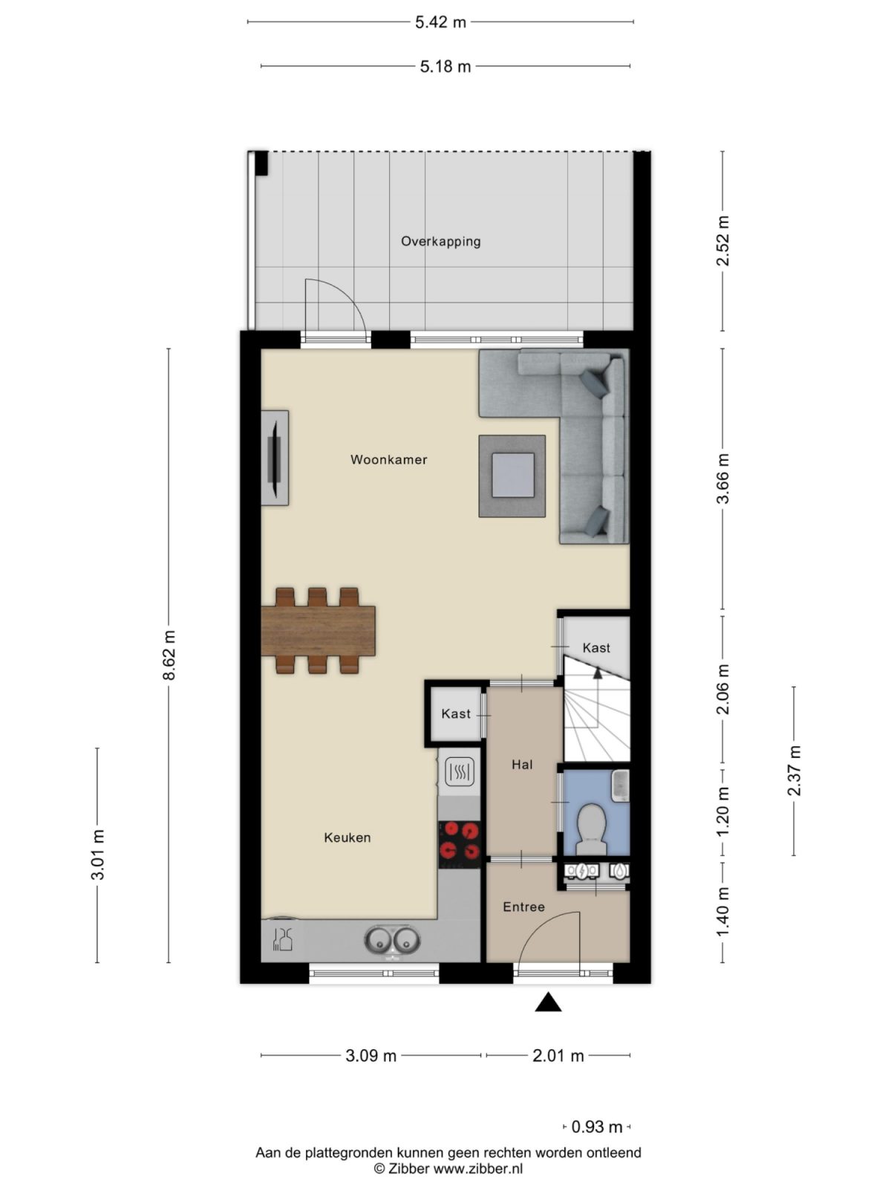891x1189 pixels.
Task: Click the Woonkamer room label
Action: [388, 459]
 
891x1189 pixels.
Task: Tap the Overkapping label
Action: [440, 241]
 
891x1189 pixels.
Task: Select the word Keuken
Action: [347, 838]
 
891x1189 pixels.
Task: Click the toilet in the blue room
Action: [592, 826]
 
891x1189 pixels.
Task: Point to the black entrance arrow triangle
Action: [548, 1003]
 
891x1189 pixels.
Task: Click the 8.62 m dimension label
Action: [169, 655]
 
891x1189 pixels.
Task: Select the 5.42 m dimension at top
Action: [440, 22]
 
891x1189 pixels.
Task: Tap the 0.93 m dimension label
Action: [596, 1127]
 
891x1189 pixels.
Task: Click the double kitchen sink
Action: [392, 940]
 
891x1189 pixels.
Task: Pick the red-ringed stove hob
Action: [460, 840]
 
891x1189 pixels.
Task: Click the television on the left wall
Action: [274, 458]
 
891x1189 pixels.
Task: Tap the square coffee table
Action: [512, 476]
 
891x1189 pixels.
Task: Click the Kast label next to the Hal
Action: [455, 713]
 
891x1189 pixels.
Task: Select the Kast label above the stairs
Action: [595, 648]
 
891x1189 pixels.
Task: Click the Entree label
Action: [523, 907]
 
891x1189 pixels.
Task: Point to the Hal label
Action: [522, 764]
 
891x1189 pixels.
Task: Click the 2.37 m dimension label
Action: [794, 771]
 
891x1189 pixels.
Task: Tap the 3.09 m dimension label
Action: [371, 1055]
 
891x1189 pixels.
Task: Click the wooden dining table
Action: [318, 630]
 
